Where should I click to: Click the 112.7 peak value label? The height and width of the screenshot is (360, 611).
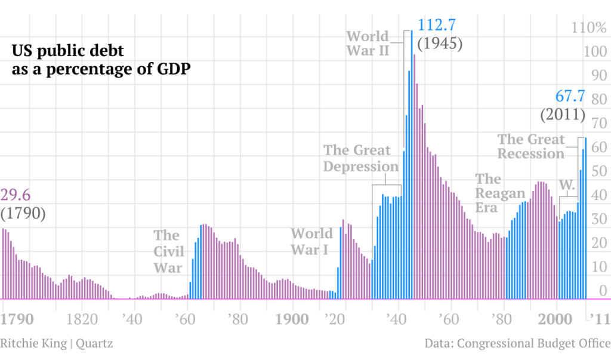(x=437, y=26)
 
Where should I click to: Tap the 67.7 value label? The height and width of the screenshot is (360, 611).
(x=570, y=96)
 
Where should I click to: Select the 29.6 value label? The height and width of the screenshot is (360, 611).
(x=16, y=195)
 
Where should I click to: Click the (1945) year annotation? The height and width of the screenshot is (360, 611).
(x=440, y=44)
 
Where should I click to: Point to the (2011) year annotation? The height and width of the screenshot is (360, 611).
(x=563, y=114)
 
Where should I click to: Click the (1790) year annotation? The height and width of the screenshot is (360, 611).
(x=23, y=213)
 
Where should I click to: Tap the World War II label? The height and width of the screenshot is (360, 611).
(x=368, y=43)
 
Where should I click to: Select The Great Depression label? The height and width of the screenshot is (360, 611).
(x=360, y=158)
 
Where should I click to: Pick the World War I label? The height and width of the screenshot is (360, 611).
(x=311, y=241)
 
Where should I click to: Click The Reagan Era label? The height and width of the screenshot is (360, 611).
(x=499, y=193)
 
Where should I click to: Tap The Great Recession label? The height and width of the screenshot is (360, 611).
(x=531, y=146)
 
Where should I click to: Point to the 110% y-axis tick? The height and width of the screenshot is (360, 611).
(x=588, y=27)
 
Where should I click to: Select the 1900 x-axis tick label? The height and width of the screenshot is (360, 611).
(x=292, y=319)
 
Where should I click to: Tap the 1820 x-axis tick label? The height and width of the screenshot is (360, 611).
(x=81, y=319)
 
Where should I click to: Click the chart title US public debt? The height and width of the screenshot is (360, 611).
(x=100, y=60)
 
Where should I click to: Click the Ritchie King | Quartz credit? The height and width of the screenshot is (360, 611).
(x=56, y=343)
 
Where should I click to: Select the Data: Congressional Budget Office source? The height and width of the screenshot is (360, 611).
(x=517, y=343)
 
